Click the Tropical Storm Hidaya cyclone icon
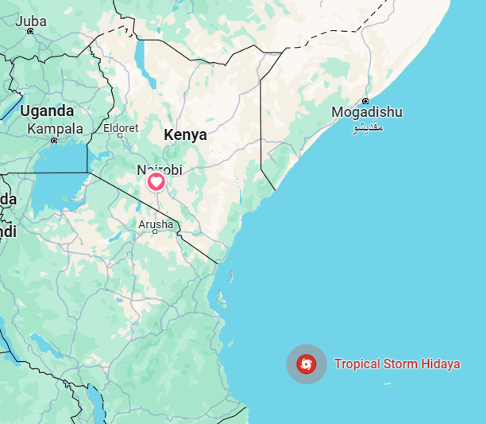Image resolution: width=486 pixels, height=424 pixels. click(307, 364)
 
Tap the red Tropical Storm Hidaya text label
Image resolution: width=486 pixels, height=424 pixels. click(397, 364)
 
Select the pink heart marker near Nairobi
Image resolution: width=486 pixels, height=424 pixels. click(156, 183)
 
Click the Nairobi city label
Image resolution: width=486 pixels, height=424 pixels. click(160, 169)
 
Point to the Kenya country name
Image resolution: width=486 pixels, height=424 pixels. click(185, 135)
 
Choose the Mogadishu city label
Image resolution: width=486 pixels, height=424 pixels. click(367, 112)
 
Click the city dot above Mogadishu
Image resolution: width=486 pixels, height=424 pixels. click(365, 101)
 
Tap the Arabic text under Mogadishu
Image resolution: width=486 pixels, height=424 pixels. click(366, 127)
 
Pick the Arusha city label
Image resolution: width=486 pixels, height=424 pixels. click(156, 224)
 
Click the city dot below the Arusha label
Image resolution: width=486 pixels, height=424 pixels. click(156, 231)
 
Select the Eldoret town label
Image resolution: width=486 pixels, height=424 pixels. click(121, 128)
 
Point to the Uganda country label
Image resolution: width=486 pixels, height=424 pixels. click(47, 111)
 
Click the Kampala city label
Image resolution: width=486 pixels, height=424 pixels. click(55, 128)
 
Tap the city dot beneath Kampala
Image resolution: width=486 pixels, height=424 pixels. click(54, 140)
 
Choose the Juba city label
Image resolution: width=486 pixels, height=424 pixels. click(30, 21)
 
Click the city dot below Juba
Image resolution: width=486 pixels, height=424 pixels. click(30, 31)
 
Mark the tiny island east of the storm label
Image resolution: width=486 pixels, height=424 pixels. click(388, 384)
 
